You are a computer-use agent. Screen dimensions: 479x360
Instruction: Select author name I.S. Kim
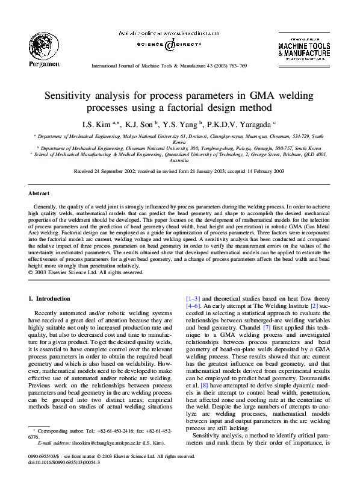96,125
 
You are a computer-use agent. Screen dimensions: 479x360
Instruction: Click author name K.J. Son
138,125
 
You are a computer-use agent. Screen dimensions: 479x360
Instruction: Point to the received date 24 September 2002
124,171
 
